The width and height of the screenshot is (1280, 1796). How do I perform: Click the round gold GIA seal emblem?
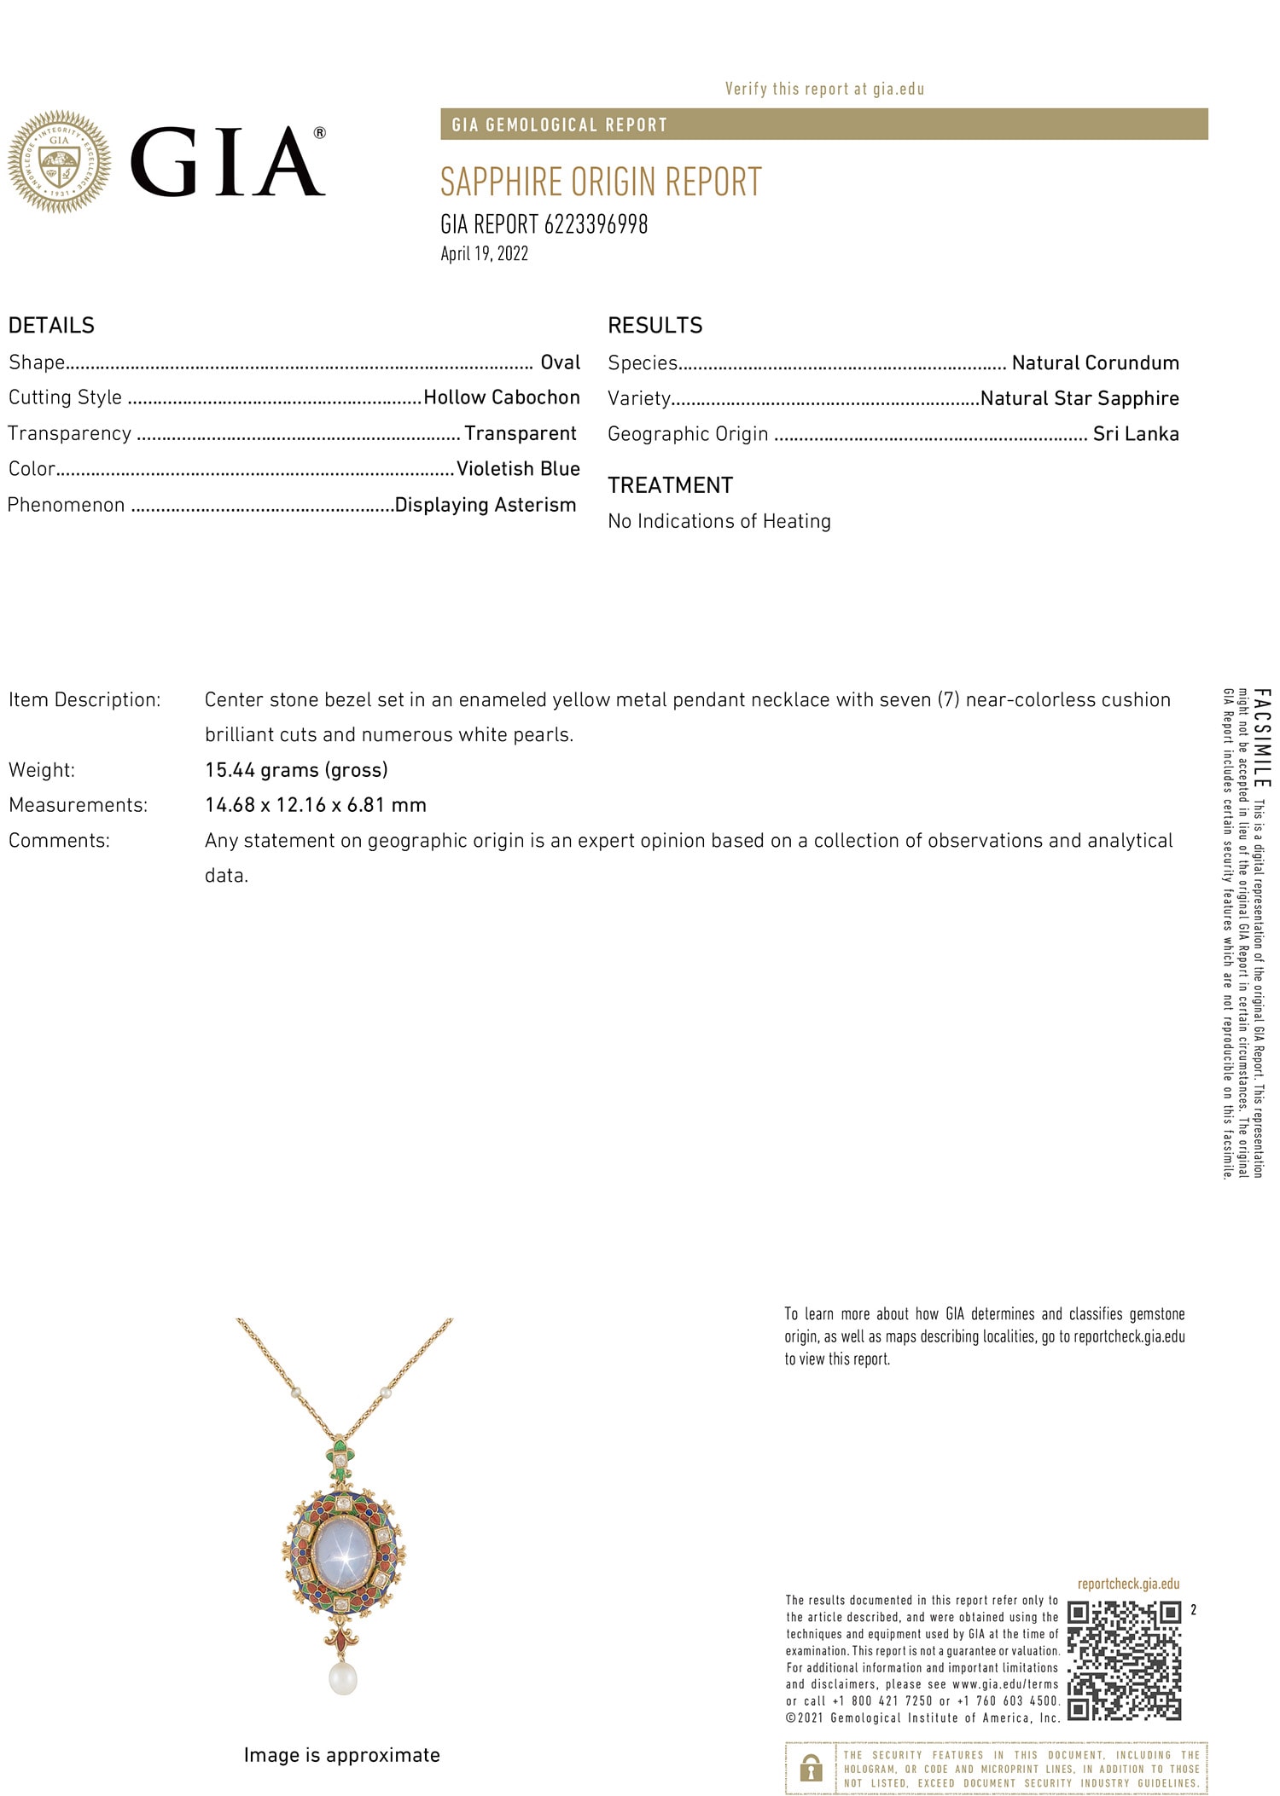point(59,161)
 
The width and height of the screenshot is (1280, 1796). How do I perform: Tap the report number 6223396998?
point(596,224)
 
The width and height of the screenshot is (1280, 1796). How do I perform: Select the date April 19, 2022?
point(484,254)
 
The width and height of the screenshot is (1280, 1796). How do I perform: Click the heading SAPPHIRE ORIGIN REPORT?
point(601,182)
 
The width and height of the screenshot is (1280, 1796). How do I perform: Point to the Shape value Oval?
point(560,362)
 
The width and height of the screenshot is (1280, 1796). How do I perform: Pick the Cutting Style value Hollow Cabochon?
point(502,397)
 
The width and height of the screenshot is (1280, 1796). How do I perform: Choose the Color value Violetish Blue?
point(518,468)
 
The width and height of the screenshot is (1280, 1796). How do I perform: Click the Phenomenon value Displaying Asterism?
point(486,505)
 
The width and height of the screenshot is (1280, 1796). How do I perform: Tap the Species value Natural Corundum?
point(1095,362)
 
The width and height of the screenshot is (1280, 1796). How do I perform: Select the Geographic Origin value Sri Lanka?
point(1136,433)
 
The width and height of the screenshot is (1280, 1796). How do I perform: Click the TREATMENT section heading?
point(670,485)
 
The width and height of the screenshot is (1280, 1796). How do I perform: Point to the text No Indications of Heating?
point(719,521)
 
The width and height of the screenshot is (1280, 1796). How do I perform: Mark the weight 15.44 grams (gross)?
point(296,770)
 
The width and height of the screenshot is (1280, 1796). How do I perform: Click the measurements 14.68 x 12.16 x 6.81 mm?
point(316,805)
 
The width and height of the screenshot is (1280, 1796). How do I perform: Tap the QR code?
point(1124,1660)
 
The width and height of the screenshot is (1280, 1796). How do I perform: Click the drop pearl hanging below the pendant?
point(342,1677)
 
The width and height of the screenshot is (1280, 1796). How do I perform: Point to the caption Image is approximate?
point(341,1754)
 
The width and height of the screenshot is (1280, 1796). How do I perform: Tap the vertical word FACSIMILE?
point(1263,739)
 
